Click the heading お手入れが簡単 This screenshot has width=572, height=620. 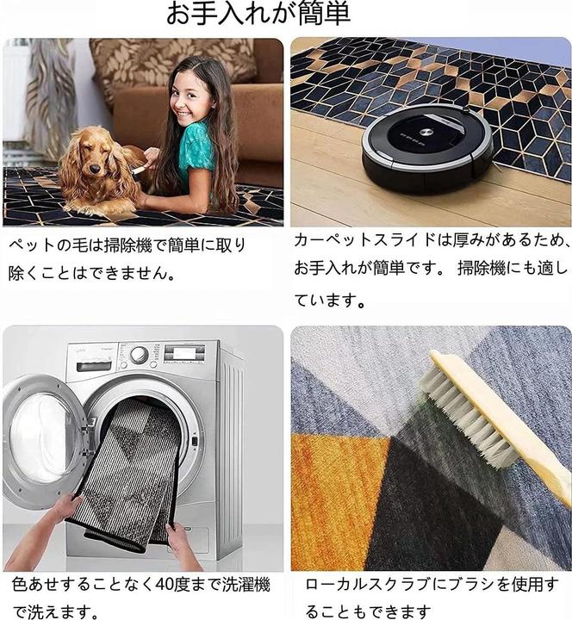[258, 15]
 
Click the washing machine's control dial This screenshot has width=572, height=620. [139, 355]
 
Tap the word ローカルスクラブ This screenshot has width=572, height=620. [362, 586]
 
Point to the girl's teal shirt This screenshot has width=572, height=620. [196, 149]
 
